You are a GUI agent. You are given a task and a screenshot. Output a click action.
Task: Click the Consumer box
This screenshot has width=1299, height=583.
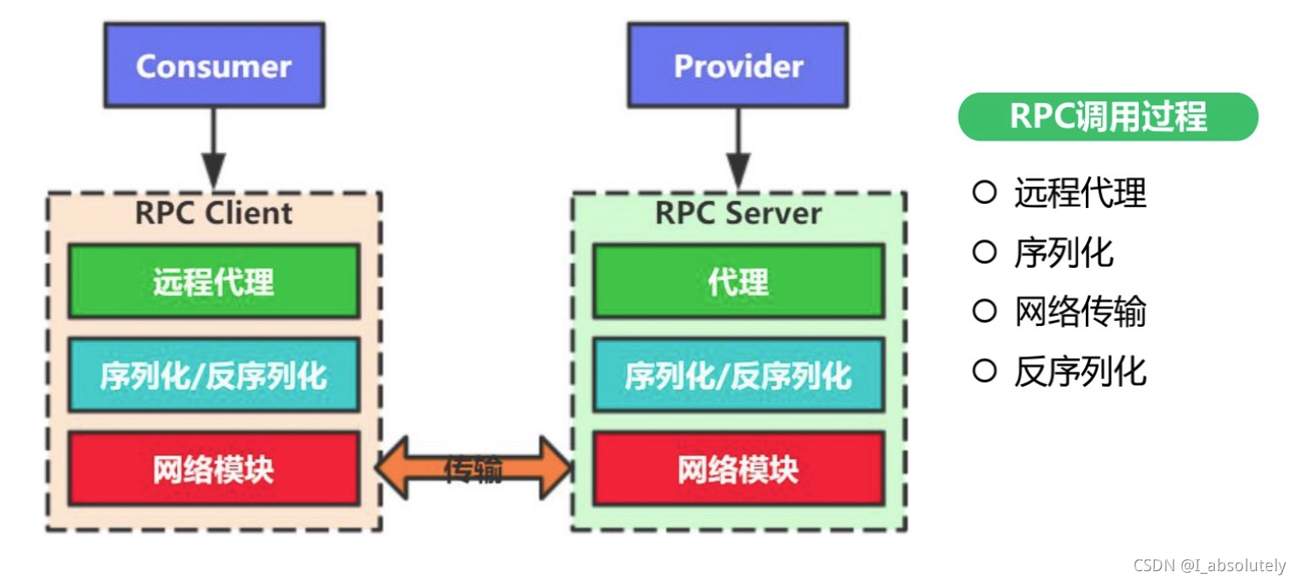213,66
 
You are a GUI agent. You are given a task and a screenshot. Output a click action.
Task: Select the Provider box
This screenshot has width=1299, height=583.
739,66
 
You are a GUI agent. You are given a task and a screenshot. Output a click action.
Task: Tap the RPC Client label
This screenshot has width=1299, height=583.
213,212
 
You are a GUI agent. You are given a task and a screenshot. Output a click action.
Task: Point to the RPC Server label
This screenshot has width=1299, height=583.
739,212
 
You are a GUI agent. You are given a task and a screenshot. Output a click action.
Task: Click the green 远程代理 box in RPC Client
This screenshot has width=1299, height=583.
213,281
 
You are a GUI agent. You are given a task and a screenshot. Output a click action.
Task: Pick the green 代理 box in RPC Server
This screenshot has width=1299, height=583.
739,281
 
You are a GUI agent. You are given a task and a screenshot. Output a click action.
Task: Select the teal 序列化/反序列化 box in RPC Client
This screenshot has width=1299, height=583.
213,375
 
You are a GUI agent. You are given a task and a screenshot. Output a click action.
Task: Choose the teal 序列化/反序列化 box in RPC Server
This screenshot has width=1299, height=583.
739,375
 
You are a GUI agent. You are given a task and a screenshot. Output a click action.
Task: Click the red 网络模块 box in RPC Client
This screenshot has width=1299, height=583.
213,468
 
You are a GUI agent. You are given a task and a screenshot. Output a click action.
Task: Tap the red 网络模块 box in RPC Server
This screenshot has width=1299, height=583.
739,468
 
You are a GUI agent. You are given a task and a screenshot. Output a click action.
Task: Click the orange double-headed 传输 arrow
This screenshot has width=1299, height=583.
473,469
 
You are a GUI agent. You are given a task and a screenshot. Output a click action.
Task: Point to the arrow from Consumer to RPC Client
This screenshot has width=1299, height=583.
214,148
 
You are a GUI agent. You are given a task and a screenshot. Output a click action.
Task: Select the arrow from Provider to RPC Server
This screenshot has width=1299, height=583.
739,148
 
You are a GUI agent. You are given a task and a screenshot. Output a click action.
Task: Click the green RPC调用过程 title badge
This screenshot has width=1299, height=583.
1108,116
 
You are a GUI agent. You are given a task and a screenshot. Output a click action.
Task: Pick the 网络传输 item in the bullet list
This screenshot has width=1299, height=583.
1080,312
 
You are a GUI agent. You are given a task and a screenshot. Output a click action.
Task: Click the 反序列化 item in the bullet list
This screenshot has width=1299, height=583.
1080,371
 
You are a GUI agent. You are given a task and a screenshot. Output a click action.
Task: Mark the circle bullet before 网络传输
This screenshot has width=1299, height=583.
984,312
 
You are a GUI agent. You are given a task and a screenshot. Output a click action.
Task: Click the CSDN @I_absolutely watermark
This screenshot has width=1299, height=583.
1210,565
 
